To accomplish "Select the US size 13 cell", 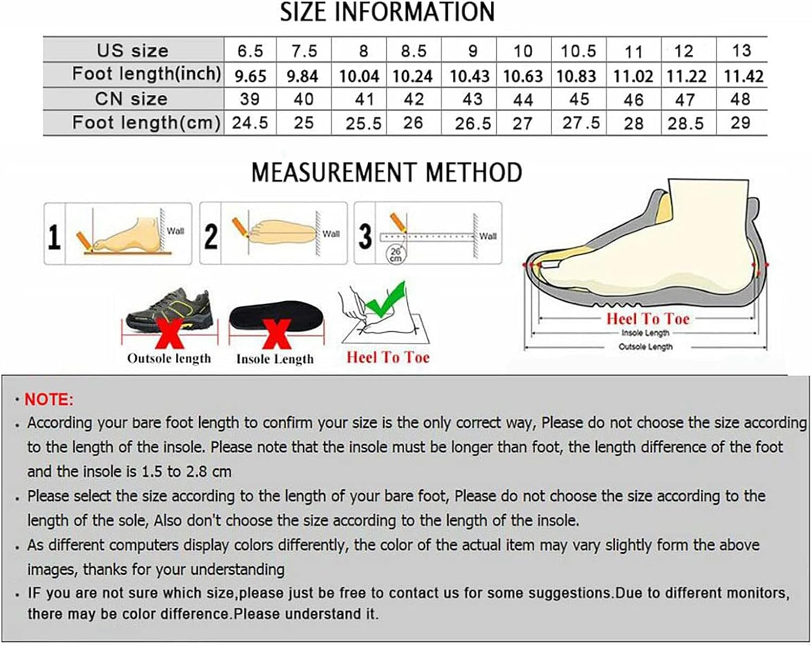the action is (742, 50).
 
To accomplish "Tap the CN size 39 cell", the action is (250, 99).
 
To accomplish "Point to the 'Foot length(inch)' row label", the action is (146, 74).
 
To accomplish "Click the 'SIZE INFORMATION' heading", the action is (387, 12).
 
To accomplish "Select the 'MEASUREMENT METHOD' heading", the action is (387, 173).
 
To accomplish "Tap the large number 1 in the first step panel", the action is (54, 237).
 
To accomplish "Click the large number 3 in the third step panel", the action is (365, 236).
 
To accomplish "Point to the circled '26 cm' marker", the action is (395, 254).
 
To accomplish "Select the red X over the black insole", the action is (277, 334).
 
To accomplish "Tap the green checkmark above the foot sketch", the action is (386, 300).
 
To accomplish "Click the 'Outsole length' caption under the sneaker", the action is (169, 359).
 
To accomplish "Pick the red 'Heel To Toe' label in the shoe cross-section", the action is (648, 319).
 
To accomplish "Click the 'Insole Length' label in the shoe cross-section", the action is (645, 333).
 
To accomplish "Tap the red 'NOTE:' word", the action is (49, 399).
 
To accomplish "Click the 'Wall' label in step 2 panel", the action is (331, 234).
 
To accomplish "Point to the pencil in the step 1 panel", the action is (85, 242).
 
